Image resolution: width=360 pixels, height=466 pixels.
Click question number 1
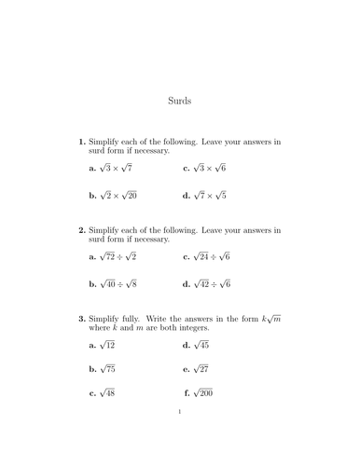[x=82, y=142]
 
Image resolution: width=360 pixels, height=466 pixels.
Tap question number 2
[x=82, y=229]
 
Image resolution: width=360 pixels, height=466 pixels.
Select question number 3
[x=82, y=318]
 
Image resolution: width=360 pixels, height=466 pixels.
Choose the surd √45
[x=202, y=345]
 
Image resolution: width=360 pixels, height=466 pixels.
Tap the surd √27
[x=202, y=369]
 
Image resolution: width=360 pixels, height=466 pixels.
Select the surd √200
[x=204, y=393]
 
